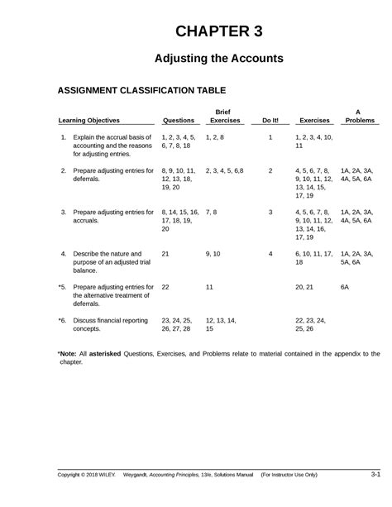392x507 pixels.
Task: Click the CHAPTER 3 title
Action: [x=219, y=32]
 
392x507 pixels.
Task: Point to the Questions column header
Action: [x=179, y=120]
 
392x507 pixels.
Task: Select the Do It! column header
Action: [x=270, y=120]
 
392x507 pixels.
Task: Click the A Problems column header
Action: [x=359, y=115]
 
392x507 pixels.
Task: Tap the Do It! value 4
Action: [x=270, y=253]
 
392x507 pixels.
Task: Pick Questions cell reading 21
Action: [x=166, y=253]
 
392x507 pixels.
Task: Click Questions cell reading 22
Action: [x=166, y=286]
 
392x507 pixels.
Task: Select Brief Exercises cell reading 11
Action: [x=210, y=286]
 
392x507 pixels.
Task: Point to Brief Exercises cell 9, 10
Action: [x=213, y=253]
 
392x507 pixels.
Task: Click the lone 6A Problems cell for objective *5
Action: [x=346, y=286]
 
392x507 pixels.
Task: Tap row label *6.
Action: [x=62, y=319]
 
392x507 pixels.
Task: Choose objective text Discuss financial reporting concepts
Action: [x=111, y=323]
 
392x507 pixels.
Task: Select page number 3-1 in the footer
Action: [x=375, y=474]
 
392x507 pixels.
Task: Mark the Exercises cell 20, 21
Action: [x=305, y=286]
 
